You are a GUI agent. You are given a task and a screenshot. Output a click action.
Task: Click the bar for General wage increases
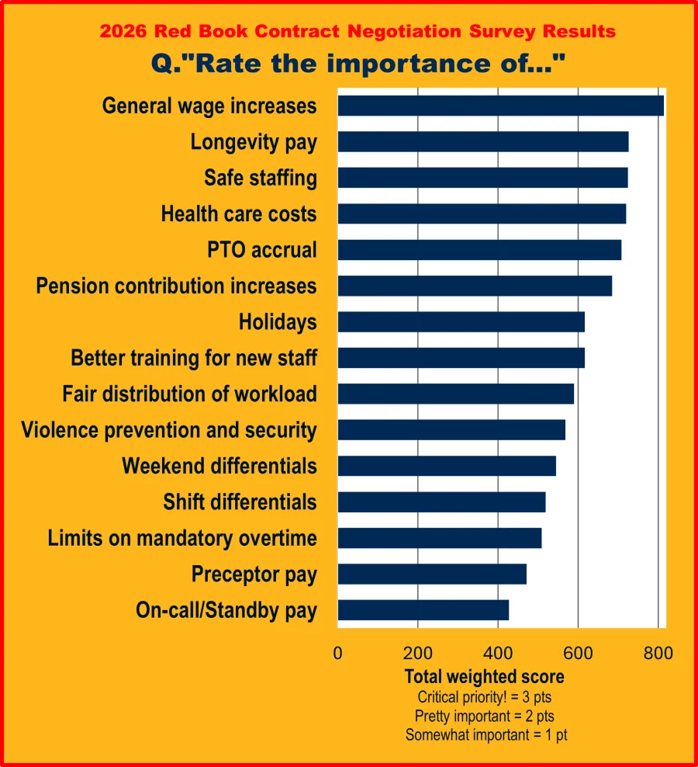(500, 106)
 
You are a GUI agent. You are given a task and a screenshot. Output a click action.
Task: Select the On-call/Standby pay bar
(423, 610)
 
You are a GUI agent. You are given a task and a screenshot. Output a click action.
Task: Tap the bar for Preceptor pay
(432, 574)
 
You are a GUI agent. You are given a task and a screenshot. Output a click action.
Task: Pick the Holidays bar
(461, 321)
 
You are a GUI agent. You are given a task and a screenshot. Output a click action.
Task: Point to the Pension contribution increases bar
(475, 286)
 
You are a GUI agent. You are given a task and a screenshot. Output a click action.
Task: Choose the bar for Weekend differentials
(447, 466)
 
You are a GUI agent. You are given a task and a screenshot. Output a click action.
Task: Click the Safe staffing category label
(261, 178)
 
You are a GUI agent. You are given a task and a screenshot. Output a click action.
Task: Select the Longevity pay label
(254, 142)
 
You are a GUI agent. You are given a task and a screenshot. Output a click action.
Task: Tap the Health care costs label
(239, 213)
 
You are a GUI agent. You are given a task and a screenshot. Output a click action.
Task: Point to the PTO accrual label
(262, 250)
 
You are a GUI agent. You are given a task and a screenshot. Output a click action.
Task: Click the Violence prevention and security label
(169, 430)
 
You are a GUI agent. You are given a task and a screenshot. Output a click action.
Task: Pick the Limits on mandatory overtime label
(182, 538)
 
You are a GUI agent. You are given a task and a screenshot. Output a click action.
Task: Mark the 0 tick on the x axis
(337, 653)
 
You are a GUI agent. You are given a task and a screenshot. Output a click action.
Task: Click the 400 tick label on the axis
(498, 653)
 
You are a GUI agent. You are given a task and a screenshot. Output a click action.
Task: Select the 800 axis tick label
(658, 653)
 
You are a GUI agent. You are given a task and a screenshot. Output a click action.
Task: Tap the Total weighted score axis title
(485, 676)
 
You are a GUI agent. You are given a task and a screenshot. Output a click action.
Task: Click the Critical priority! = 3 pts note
(485, 696)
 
